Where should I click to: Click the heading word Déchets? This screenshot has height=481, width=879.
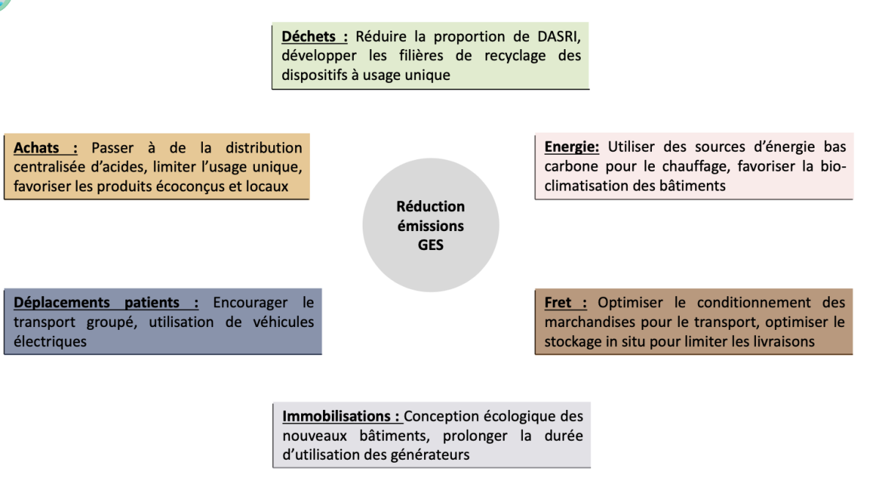[x=308, y=37]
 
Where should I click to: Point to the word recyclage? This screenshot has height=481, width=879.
[x=515, y=56]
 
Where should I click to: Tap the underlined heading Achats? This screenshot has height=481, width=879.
[x=37, y=148]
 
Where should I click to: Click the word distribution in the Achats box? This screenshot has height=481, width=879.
[x=264, y=148]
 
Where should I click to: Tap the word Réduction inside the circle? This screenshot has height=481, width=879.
[x=431, y=207]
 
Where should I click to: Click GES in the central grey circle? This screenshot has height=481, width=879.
[x=431, y=245]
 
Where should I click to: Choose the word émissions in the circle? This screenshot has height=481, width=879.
[x=431, y=226]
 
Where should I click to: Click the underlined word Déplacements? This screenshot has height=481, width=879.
[x=62, y=303]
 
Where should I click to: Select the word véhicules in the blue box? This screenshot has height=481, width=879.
[x=283, y=322]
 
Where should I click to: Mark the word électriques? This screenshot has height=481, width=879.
[x=50, y=342]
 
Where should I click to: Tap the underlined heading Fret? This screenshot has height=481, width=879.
[x=557, y=303]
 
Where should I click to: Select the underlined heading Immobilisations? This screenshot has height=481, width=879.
[x=336, y=416]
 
